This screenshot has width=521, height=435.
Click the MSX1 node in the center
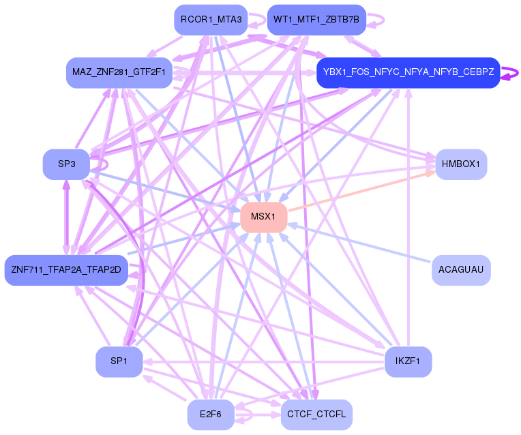click(x=263, y=217)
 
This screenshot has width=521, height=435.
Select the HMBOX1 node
click(x=461, y=164)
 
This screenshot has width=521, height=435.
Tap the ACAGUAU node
click(x=461, y=270)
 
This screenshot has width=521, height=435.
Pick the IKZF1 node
click(x=408, y=361)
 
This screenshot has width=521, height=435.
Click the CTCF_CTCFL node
click(x=316, y=415)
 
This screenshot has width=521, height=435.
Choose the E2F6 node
click(x=211, y=415)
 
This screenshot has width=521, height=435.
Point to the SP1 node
click(x=119, y=361)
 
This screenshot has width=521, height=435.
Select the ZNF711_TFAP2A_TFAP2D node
click(x=66, y=270)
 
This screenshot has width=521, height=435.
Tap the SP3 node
click(x=66, y=164)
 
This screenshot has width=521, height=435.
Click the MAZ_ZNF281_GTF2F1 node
click(x=119, y=72)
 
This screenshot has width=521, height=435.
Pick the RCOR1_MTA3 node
click(x=211, y=20)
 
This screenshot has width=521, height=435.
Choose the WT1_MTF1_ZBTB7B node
click(x=316, y=20)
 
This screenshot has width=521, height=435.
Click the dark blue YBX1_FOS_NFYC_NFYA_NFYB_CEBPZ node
click(x=408, y=72)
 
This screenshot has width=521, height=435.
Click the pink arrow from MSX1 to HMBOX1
click(x=361, y=191)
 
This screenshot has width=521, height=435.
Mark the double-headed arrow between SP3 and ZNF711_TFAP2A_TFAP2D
click(x=66, y=217)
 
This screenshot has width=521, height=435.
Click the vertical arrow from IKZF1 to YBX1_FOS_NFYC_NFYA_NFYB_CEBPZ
click(x=408, y=217)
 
